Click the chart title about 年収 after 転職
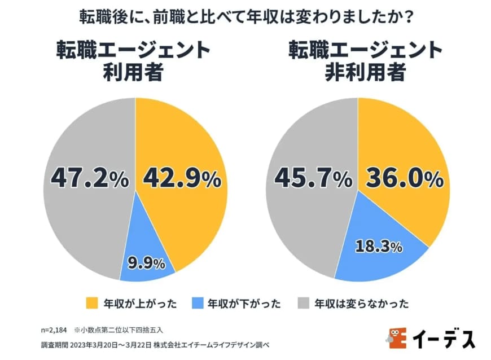246,16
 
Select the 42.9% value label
181,178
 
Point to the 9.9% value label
146,263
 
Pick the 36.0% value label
404,178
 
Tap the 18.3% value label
378,246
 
